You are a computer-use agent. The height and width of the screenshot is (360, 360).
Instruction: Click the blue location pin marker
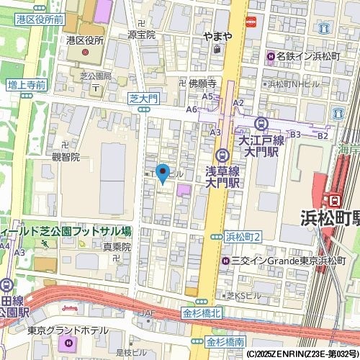pyautogui.click(x=163, y=173)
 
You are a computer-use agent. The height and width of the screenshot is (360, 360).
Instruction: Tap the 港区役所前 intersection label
pyautogui.click(x=40, y=19)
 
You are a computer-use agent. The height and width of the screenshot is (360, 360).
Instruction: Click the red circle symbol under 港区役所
pyautogui.click(x=86, y=53)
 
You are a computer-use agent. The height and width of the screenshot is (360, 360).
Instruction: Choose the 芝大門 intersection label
pyautogui.click(x=143, y=96)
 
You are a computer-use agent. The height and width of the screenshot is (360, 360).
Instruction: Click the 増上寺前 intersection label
pyautogui.click(x=27, y=85)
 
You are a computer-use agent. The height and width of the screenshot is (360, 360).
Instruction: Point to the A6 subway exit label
pyautogui.click(x=192, y=109)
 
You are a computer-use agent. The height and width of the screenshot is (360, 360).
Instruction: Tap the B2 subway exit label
pyautogui.click(x=323, y=135)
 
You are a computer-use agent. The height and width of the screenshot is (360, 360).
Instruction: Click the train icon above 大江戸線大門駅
pyautogui.click(x=261, y=124)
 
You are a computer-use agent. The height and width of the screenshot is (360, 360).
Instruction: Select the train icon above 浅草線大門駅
pyautogui.click(x=223, y=154)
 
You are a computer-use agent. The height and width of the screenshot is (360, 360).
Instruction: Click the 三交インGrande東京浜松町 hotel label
pyautogui.click(x=288, y=260)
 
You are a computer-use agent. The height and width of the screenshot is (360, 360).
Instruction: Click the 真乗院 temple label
pyautogui.click(x=117, y=246)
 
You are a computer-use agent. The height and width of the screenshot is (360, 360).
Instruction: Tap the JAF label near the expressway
pyautogui.click(x=148, y=313)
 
